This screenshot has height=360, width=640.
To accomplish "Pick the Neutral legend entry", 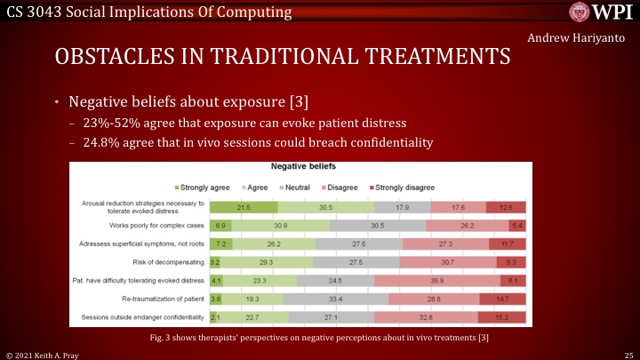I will pyautogui.click(x=297, y=188).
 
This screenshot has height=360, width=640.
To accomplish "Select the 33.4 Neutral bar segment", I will pyautogui.click(x=336, y=299).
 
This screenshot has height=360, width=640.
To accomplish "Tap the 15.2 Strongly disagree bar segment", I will pyautogui.click(x=502, y=316).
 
